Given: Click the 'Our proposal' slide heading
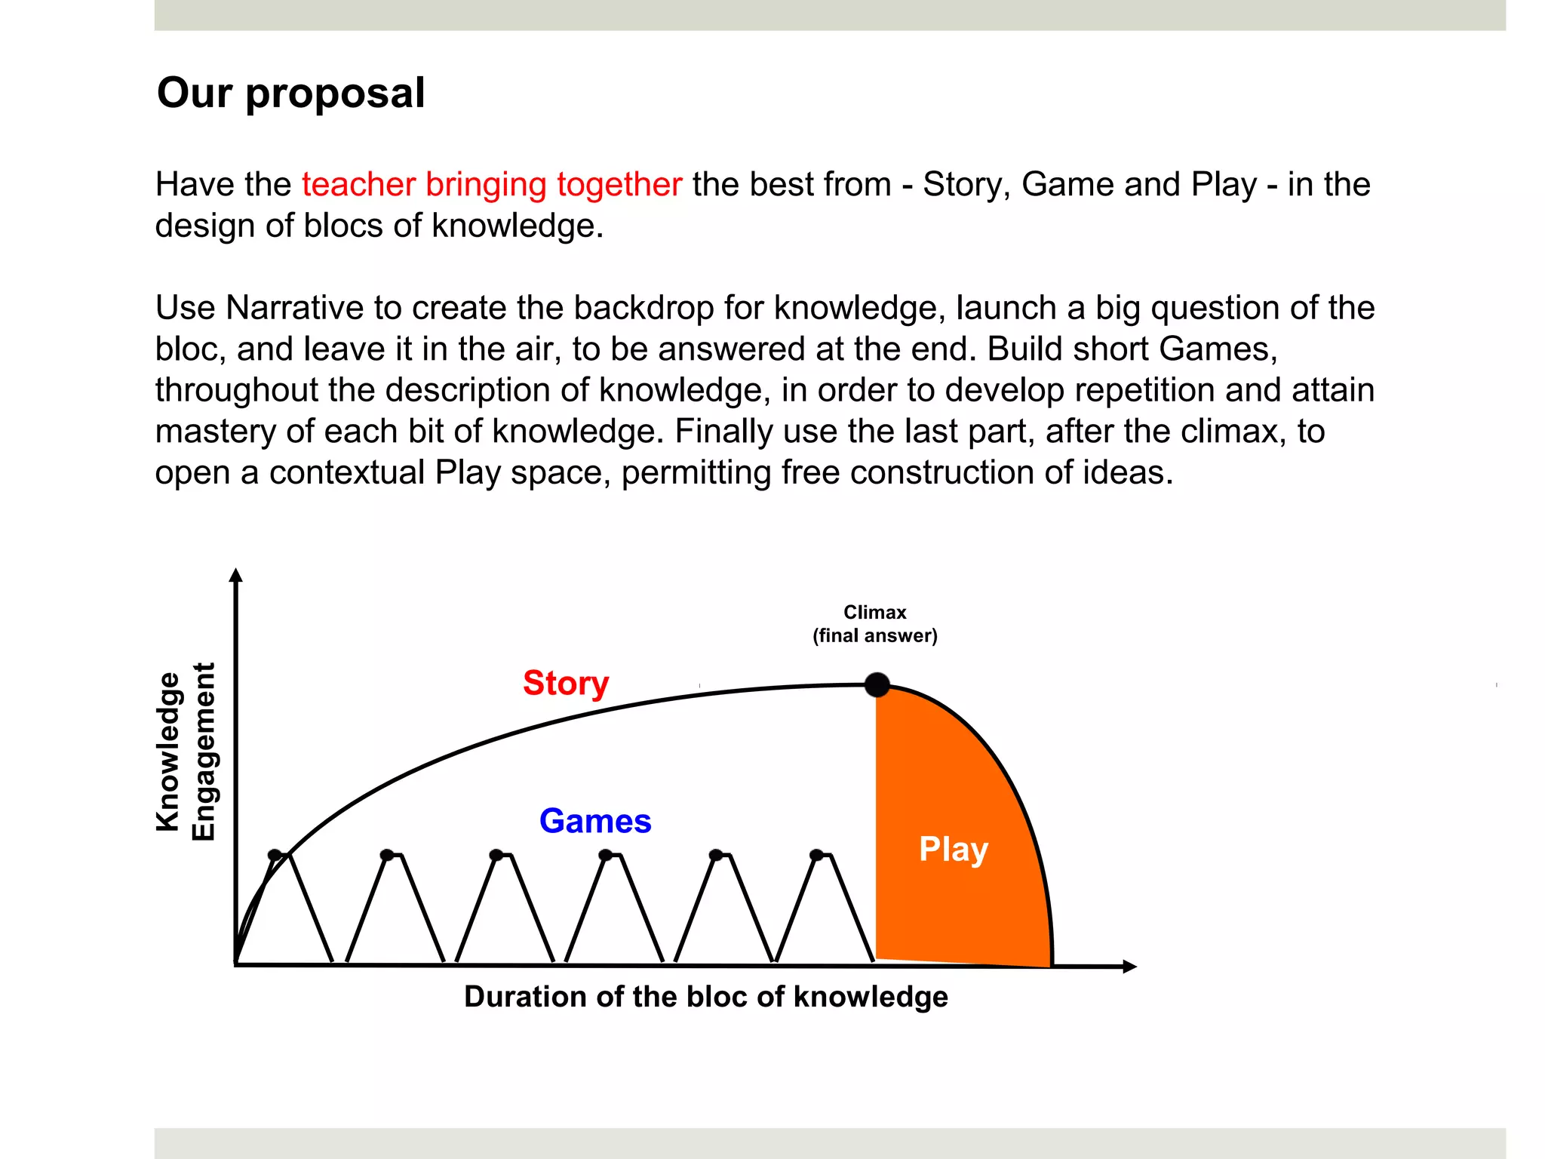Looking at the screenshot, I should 290,93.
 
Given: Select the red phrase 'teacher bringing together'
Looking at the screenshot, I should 492,185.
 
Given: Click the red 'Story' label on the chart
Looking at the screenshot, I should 566,683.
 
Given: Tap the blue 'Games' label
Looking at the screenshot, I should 595,821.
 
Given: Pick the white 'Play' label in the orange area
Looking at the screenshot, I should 954,849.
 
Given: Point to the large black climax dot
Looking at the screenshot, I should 877,685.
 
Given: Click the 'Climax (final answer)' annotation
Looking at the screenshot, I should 875,624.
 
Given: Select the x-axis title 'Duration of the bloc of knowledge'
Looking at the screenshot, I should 706,997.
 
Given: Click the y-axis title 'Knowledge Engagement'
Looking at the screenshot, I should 185,752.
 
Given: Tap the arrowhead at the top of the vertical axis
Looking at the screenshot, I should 236,576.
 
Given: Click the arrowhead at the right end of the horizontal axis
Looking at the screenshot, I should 1129,967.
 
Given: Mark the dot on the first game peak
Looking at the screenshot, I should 275,855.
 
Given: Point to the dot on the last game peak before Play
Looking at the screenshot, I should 816,855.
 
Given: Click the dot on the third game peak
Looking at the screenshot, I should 496,855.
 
